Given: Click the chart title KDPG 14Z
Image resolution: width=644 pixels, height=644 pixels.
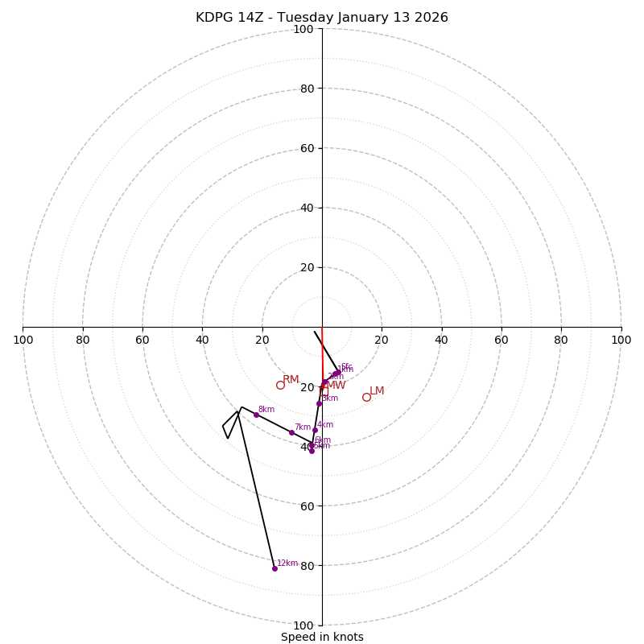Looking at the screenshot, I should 322,18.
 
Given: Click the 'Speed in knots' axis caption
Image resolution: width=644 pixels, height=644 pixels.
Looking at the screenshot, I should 322,637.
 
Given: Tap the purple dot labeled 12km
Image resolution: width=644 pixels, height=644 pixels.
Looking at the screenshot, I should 275,568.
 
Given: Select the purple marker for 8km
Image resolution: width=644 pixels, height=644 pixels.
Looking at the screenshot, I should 256,415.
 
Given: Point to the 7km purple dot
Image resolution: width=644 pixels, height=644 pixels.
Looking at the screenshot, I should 291,432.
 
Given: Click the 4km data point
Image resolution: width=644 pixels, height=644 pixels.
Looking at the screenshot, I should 315,430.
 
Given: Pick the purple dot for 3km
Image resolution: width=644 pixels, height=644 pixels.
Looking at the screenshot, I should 319,403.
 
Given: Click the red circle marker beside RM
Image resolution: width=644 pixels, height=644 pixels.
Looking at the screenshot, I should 280,385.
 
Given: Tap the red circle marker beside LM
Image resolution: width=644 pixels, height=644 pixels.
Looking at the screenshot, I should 366,397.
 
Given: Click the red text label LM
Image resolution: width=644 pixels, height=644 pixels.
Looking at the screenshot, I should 377,390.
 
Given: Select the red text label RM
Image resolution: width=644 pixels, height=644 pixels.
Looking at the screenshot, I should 291,379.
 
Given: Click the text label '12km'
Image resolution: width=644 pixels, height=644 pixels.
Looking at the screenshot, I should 287,563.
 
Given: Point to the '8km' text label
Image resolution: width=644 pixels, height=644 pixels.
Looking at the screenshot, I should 266,409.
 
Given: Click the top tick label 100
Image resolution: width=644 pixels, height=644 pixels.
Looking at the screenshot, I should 303,30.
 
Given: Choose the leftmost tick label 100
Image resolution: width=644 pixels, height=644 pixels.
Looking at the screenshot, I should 23,340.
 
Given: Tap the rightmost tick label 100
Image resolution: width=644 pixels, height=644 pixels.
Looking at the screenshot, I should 621,340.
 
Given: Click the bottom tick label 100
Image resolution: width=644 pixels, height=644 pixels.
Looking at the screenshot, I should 303,625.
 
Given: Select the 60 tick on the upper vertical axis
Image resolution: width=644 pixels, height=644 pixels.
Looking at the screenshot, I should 306,148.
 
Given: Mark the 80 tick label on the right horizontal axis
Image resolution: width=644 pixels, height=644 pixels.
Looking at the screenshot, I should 561,340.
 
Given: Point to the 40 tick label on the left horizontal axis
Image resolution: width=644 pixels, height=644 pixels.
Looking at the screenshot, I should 202,340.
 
